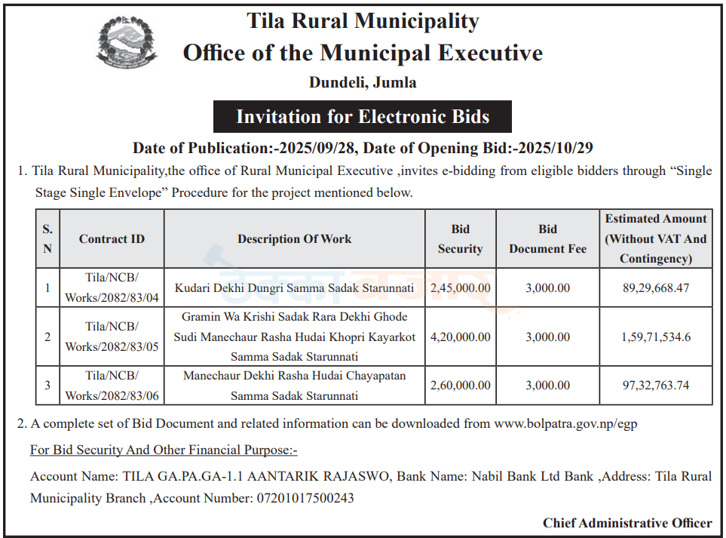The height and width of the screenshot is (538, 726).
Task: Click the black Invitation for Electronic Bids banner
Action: pos(363,117)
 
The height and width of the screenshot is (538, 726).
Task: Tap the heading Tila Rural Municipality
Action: pos(363,20)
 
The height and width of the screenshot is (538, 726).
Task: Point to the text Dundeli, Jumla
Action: pos(363,82)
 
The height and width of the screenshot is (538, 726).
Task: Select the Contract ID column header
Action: pos(112,239)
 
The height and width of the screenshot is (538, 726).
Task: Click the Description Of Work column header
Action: pos(295,239)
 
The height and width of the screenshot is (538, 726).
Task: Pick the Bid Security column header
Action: pos(460,239)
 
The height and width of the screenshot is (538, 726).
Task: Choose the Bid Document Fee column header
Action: pos(547,239)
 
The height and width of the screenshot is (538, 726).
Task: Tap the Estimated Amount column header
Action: pos(656,238)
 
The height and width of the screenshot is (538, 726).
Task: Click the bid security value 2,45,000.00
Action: pos(460,288)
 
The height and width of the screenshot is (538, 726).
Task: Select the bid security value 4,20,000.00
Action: pos(460,337)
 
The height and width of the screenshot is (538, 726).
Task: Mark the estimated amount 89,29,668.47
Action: pos(656,288)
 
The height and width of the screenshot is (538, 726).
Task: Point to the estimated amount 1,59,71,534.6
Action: pos(656,337)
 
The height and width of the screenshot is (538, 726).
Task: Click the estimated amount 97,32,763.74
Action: pos(656,386)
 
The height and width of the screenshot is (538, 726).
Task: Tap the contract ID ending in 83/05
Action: pos(112,337)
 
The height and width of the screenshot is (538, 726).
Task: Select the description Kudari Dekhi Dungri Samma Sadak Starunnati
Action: pos(295,288)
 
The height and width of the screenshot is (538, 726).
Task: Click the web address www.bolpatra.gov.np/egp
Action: pos(565,424)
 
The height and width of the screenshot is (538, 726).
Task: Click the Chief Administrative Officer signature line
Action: pos(627,523)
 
